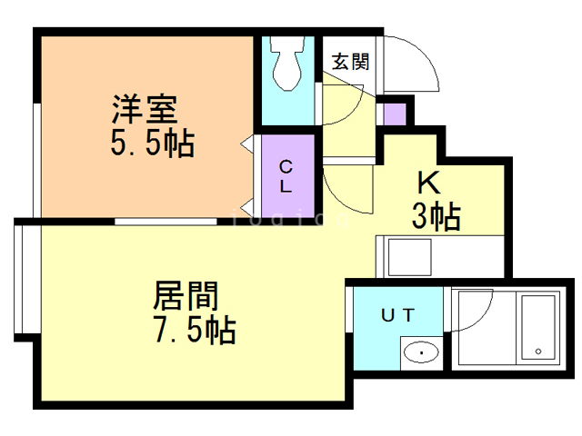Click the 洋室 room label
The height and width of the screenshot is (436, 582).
coord(145,111)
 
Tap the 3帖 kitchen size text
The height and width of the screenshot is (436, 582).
coord(436,217)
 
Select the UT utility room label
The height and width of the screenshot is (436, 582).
coord(397,316)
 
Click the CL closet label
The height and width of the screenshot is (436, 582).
coord(286,177)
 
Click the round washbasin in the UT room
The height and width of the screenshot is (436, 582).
coord(420,352)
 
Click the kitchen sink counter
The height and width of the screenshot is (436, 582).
coord(440,256)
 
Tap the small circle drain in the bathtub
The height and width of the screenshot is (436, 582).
coord(538,351)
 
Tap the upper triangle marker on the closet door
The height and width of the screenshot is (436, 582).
coord(246,144)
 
